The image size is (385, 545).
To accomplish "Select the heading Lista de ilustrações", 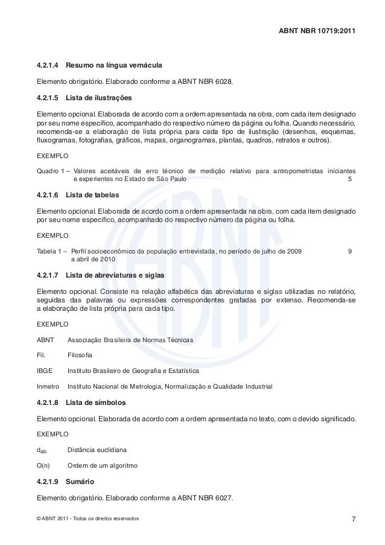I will coord(98,97).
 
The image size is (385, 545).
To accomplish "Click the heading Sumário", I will coord(79,483).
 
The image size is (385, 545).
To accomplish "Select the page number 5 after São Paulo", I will coord(351,179).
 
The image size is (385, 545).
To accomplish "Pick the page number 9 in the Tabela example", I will coord(351,251).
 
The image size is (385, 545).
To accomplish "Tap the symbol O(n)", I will coord(44,466).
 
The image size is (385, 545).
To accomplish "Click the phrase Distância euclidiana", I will coord(97,450).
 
